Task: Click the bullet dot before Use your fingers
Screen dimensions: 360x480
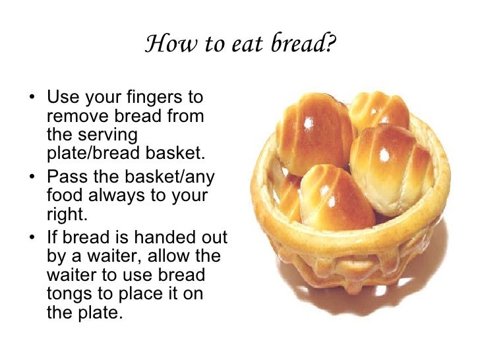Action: coord(33,98)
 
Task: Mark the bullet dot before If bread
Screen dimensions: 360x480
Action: coord(33,235)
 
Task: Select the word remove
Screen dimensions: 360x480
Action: coord(72,117)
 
